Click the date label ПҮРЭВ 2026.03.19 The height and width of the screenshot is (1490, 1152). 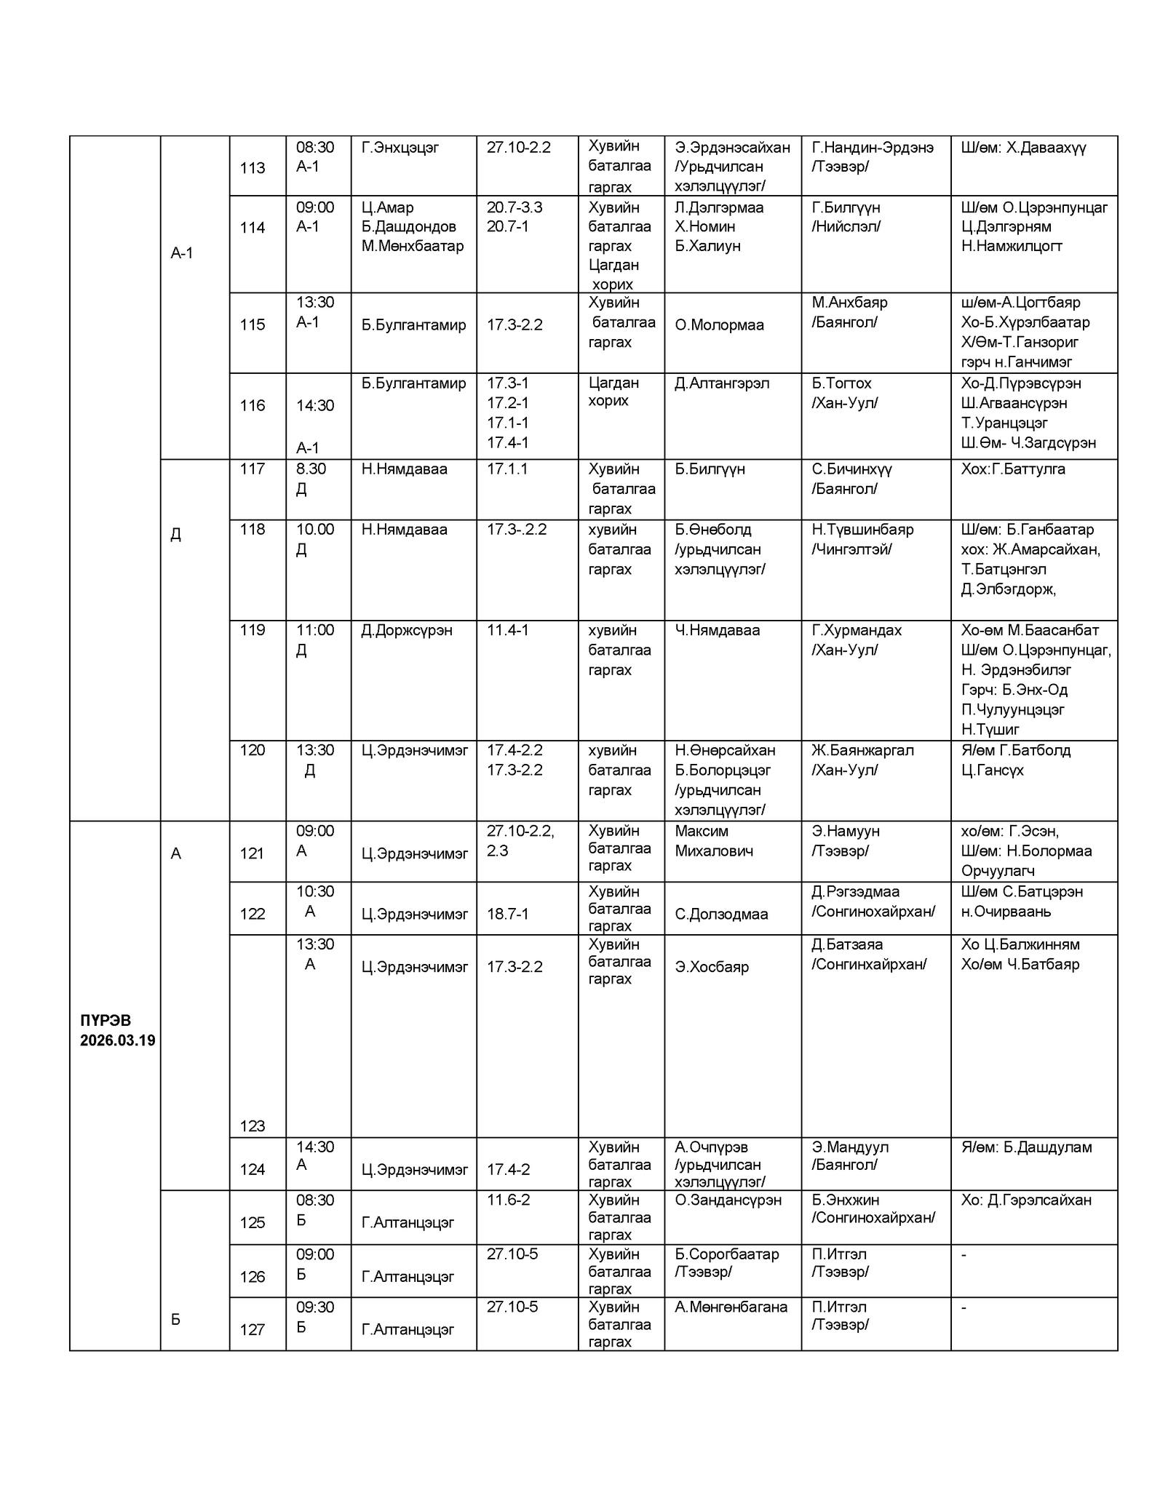tap(116, 1029)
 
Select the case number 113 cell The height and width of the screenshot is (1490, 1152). tap(253, 167)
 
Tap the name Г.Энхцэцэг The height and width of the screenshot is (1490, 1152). tap(400, 148)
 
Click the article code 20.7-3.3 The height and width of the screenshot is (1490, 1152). tap(515, 207)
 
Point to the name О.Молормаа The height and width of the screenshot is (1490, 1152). tap(719, 324)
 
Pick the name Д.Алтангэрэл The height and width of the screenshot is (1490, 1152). tap(721, 383)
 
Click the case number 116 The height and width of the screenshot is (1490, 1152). tap(253, 405)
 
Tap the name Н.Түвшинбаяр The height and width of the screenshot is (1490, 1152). tap(862, 529)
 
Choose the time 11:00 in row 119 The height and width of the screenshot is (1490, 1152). tap(314, 630)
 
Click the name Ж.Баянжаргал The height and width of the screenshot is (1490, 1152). tap(862, 749)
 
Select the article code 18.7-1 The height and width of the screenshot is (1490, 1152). tap(507, 914)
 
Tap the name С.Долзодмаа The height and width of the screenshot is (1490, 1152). tap(721, 914)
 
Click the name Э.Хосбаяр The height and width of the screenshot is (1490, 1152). tap(711, 967)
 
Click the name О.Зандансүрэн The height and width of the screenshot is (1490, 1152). tap(728, 1200)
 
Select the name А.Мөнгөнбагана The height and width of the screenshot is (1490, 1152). tap(731, 1307)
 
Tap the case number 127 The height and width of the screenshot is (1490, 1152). tap(253, 1329)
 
